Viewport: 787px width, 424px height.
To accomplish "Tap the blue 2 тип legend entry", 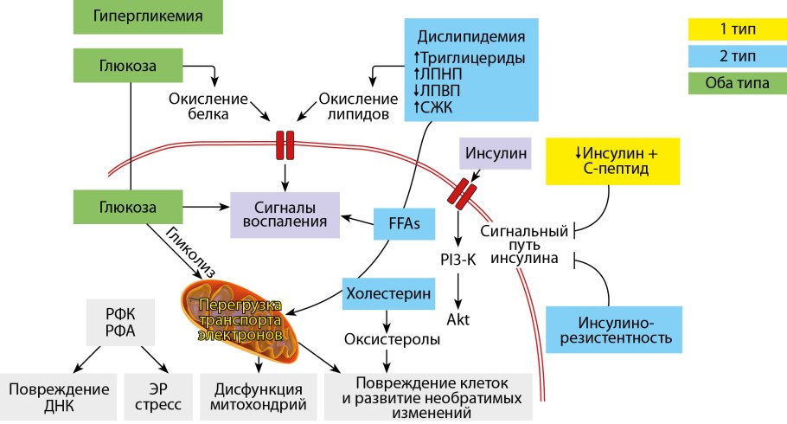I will (736, 57).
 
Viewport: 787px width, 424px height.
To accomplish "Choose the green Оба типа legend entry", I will (736, 84).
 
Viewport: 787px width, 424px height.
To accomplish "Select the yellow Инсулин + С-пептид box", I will (616, 161).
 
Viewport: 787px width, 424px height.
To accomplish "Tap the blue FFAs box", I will (398, 224).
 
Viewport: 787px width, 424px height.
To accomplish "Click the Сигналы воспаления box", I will (283, 215).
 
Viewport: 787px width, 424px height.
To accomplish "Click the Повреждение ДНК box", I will (59, 396).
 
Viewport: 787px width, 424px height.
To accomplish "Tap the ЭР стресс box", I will (158, 396).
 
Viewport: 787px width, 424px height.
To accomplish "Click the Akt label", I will (457, 318).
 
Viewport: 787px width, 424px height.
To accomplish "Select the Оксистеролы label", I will (392, 339).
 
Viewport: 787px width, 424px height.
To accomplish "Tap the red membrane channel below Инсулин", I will (460, 192).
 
